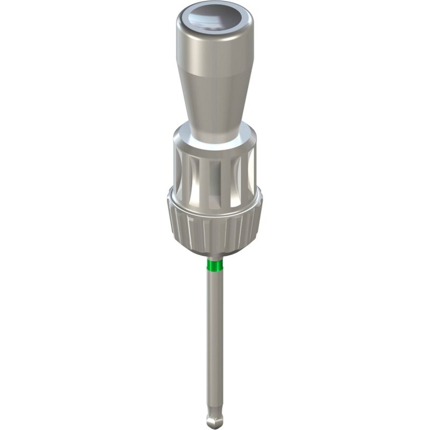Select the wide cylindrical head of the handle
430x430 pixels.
click(214, 51)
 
